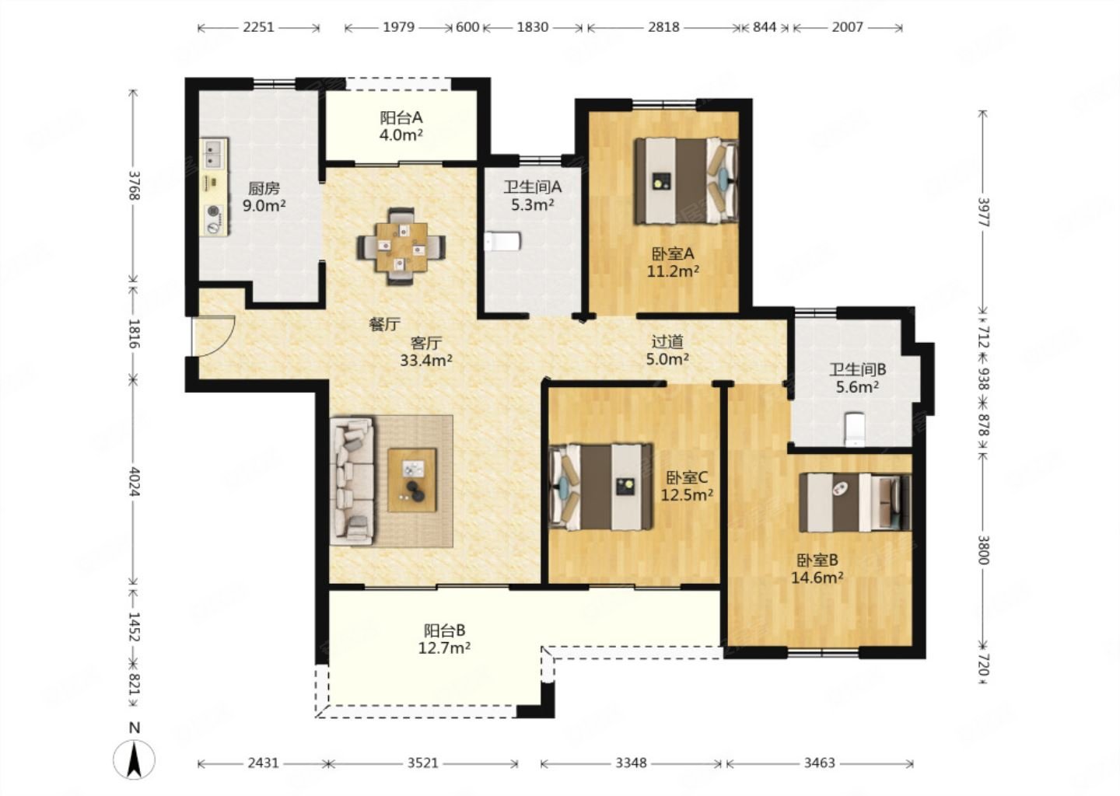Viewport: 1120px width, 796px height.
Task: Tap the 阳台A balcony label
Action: (x=401, y=118)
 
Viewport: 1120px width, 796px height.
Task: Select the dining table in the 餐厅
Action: (x=401, y=246)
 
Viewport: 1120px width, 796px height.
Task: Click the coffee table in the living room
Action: (x=412, y=480)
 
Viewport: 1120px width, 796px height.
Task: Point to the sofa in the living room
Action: (x=352, y=480)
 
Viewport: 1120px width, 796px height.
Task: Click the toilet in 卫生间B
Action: (x=853, y=429)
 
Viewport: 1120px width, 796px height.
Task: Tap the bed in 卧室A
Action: (x=687, y=181)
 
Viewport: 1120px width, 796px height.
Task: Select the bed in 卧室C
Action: (x=600, y=487)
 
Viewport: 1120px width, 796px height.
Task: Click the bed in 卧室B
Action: (x=855, y=503)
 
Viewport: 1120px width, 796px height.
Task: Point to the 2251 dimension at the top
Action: (x=258, y=27)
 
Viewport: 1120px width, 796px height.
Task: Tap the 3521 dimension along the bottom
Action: (x=422, y=763)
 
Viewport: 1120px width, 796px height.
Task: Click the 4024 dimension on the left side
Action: (x=134, y=481)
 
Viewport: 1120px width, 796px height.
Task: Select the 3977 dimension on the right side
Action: (x=983, y=212)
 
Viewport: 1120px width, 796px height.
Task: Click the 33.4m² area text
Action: (x=426, y=360)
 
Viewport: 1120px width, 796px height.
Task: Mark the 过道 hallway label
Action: (x=667, y=342)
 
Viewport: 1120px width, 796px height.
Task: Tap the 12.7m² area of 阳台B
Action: (x=444, y=648)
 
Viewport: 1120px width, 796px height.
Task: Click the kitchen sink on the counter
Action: (x=214, y=153)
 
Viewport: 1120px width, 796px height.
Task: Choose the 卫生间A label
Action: (x=533, y=187)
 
